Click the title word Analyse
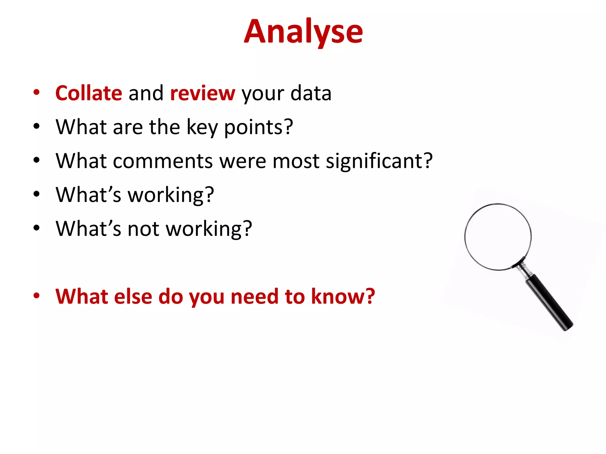coord(303,32)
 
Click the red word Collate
coord(89,93)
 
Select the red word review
coord(203,93)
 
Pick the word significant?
coord(379,161)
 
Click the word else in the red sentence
coord(133,296)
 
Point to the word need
coord(254,296)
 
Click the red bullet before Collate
coord(36,92)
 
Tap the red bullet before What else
coord(36,296)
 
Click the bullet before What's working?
coord(36,194)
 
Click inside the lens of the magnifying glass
coord(498,236)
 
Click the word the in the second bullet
coord(165,127)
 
